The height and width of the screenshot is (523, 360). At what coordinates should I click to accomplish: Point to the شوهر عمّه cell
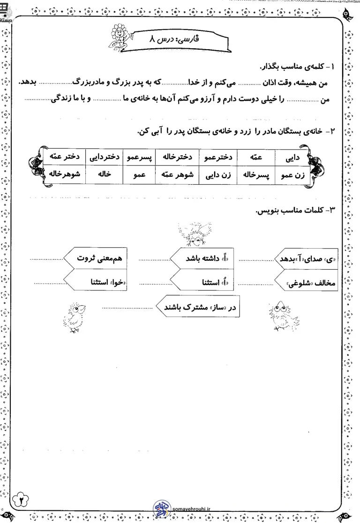180,174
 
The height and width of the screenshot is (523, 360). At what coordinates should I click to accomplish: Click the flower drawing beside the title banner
119,35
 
